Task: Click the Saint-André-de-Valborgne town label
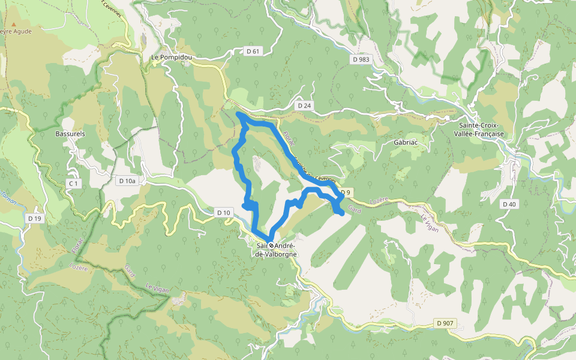[276, 250]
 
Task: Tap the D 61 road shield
[253, 52]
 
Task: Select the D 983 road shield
[362, 59]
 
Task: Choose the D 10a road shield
[128, 181]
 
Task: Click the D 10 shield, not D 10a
[223, 212]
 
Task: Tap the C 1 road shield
[74, 183]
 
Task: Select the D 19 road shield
[34, 219]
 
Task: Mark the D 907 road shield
[445, 323]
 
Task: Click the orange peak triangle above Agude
[14, 23]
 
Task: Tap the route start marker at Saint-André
[271, 245]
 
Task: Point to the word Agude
[21, 31]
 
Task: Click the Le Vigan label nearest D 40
[431, 224]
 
